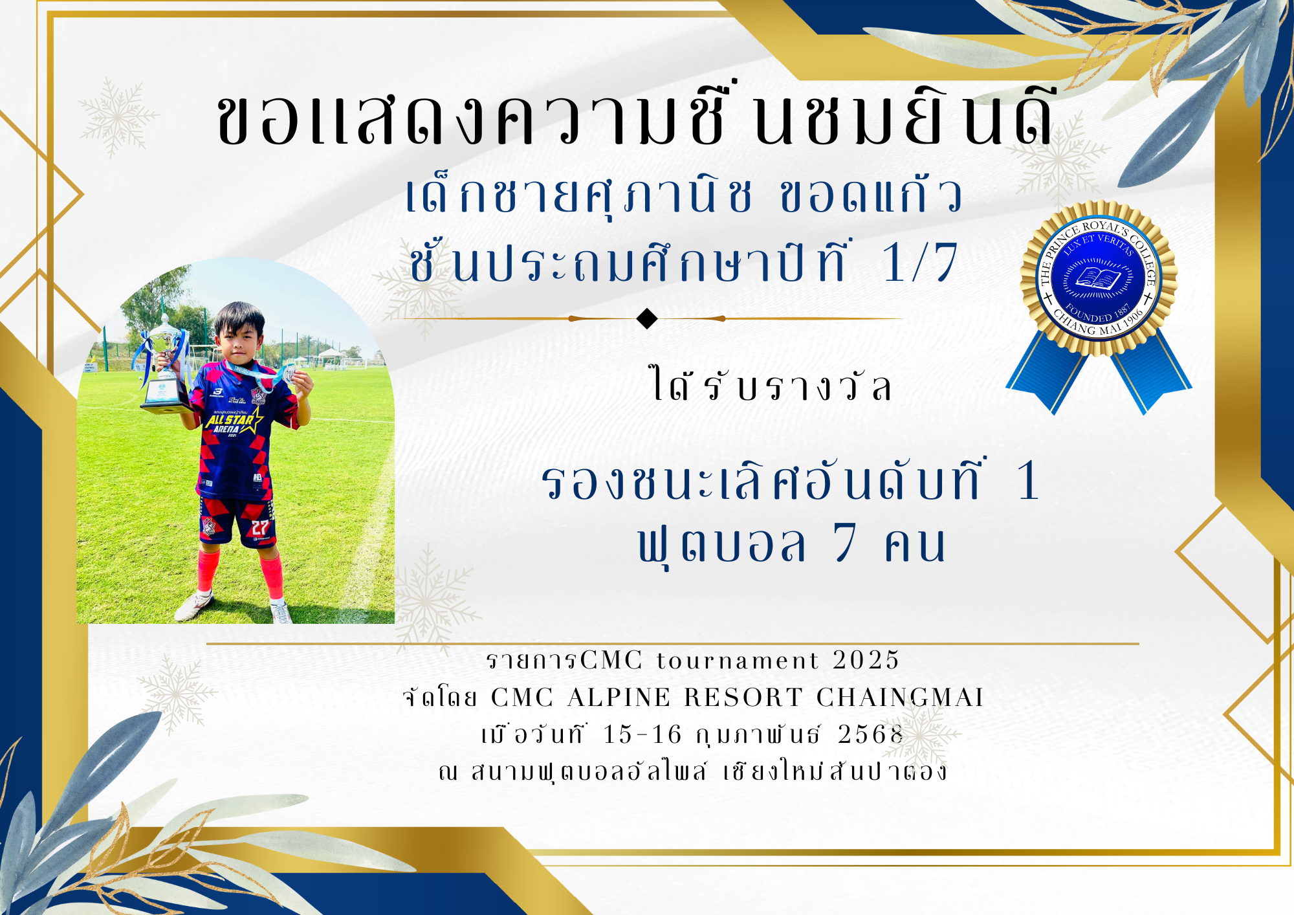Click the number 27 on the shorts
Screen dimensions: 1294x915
[260, 527]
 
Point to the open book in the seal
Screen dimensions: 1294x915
[1098, 279]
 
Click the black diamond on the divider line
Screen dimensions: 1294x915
[647, 318]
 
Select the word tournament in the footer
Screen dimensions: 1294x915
[738, 661]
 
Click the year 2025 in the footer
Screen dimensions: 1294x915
[866, 660]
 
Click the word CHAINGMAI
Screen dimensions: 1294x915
[900, 698]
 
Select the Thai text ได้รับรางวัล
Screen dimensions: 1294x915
[771, 384]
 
